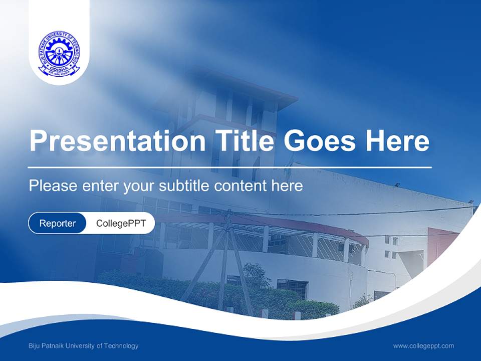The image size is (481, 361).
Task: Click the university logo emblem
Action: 59,54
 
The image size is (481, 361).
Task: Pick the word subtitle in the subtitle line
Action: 184,186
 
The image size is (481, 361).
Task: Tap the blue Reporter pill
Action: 58,223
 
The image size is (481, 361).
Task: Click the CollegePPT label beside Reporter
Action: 121,223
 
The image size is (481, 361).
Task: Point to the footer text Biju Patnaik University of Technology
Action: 84,345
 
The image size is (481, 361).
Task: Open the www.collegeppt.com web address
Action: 423,345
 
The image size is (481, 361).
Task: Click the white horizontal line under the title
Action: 230,167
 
